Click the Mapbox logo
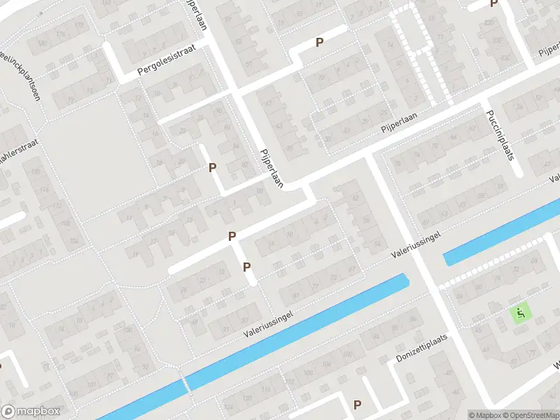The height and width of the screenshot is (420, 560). coord(31,412)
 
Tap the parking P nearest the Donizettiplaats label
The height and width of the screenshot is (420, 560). coord(357,405)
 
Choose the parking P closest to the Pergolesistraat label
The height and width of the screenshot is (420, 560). coord(212,167)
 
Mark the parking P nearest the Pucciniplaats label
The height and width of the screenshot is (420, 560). coord(493,4)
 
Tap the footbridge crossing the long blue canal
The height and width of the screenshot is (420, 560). coord(185,384)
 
